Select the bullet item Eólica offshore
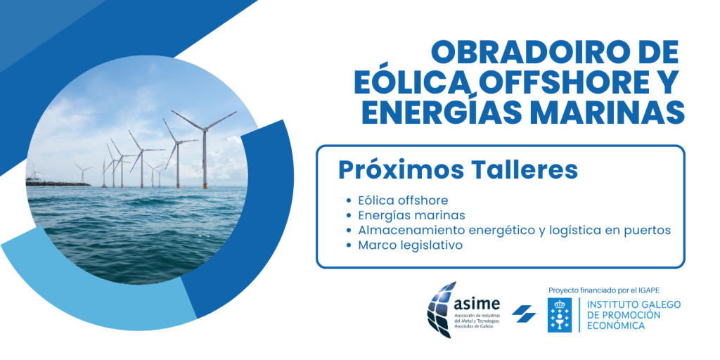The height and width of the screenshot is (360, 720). coord(403,200)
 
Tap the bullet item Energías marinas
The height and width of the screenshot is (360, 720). coord(412,215)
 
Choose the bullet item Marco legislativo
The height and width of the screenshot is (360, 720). coord(411,245)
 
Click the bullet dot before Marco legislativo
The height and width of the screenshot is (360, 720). coord(349,245)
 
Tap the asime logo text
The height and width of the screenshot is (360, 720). coord(476,304)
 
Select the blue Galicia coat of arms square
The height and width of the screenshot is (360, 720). coord(560,315)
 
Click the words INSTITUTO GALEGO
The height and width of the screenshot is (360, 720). coord(634,304)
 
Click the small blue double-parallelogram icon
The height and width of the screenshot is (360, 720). coord(524,314)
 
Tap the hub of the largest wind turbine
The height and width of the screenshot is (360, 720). coord(205,129)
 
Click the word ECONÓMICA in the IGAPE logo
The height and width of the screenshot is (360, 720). coord(616,326)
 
